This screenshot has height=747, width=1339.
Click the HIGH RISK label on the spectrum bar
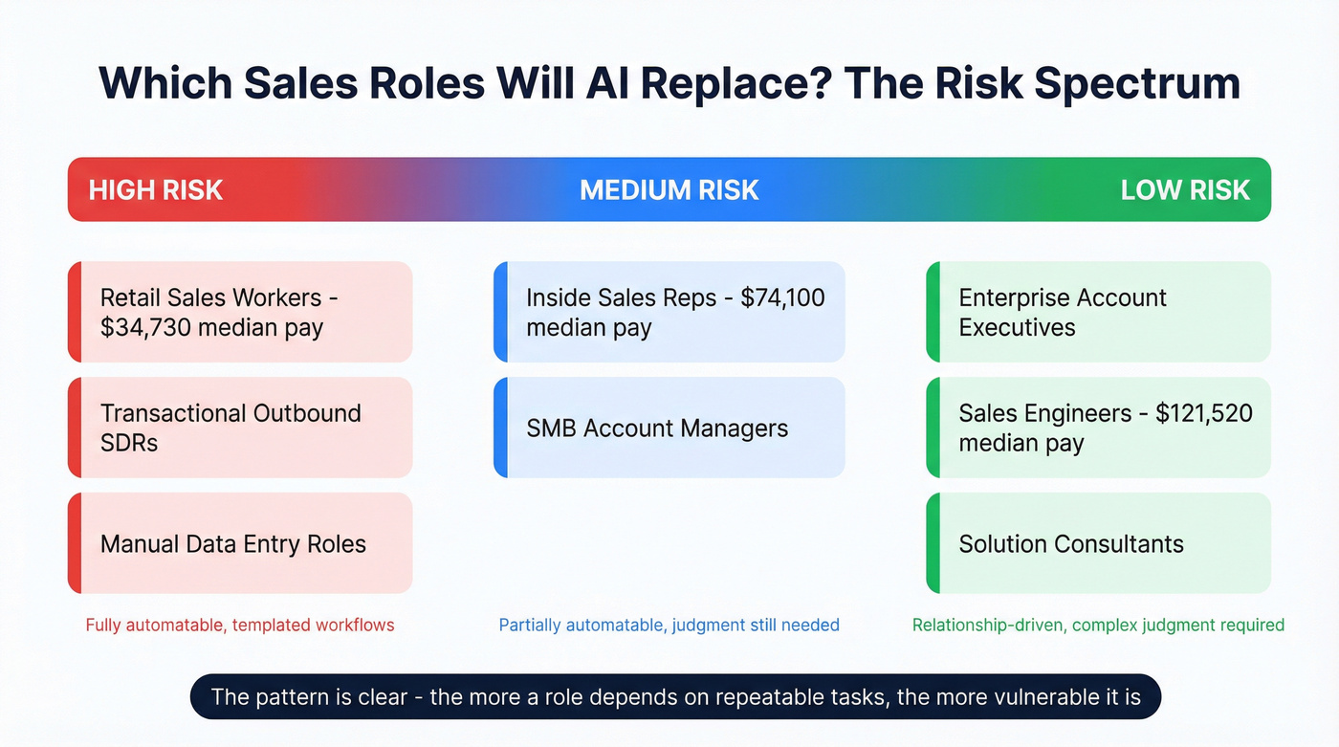pyautogui.click(x=156, y=189)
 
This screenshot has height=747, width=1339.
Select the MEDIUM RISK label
pyautogui.click(x=669, y=189)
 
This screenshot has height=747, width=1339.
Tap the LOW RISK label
pyautogui.click(x=1185, y=189)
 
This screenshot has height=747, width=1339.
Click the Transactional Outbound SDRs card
pyautogui.click(x=239, y=428)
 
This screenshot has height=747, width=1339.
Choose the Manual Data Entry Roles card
pyautogui.click(x=239, y=544)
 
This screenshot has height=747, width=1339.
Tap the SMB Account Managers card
pyautogui.click(x=669, y=428)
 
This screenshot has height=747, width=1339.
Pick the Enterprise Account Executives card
pyautogui.click(x=1098, y=312)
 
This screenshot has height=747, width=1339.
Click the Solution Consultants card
pyautogui.click(x=1098, y=544)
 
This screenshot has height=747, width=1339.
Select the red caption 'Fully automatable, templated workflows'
pyautogui.click(x=239, y=626)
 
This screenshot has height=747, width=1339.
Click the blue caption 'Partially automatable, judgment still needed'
pyautogui.click(x=669, y=626)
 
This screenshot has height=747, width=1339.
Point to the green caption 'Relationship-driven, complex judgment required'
pyautogui.click(x=1098, y=626)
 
